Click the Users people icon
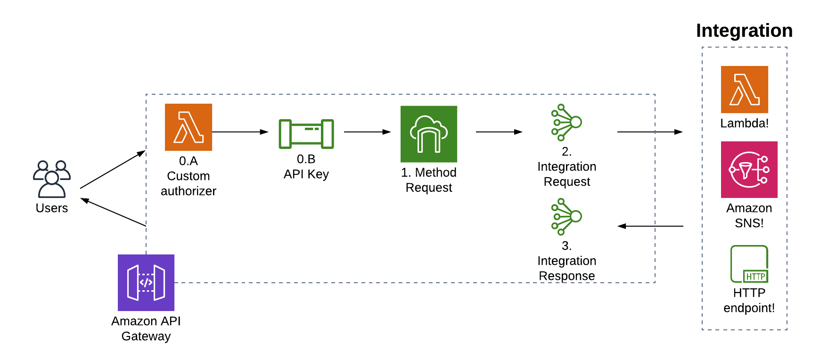(52, 179)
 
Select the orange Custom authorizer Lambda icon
(189, 127)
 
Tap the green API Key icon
(306, 134)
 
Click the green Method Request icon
(429, 134)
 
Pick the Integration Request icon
(566, 123)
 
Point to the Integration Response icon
(566, 217)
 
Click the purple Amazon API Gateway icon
(146, 283)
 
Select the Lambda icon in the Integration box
(745, 90)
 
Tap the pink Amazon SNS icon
(749, 170)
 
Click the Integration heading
(745, 31)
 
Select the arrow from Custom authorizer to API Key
(240, 132)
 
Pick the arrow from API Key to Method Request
(368, 132)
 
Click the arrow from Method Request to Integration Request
(500, 132)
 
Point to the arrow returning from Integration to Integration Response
(650, 226)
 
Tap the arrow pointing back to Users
(113, 212)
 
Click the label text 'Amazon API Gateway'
(146, 328)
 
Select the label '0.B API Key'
(306, 166)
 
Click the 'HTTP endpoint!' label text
(749, 300)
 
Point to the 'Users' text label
(52, 208)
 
